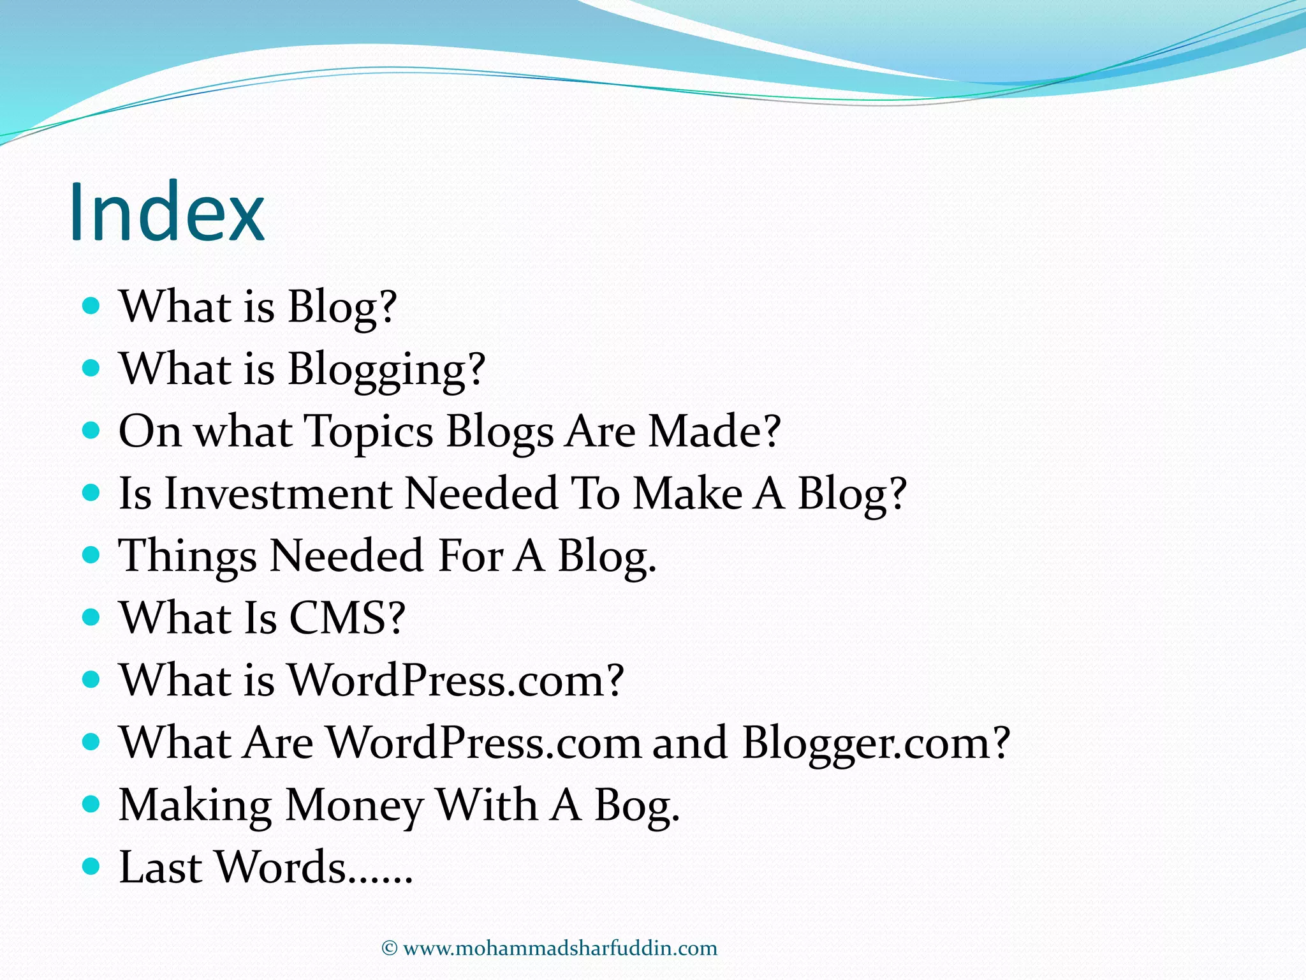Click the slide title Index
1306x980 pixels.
(x=166, y=212)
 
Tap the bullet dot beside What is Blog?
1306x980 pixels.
(x=92, y=306)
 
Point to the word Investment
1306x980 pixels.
(x=278, y=494)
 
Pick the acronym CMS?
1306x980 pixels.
(x=348, y=618)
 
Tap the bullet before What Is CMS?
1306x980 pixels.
(x=92, y=617)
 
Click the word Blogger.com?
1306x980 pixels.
(x=876, y=743)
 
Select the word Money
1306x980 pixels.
(x=354, y=805)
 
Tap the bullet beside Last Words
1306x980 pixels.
(x=92, y=866)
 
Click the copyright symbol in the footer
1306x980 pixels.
(x=389, y=948)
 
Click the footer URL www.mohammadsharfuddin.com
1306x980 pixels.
(x=560, y=948)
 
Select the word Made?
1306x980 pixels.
(x=714, y=431)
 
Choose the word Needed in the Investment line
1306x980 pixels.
(x=481, y=494)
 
